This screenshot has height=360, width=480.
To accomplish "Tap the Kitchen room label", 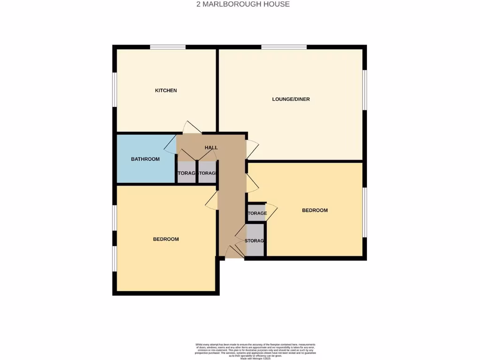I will click(166, 90).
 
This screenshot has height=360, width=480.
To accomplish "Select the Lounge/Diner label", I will click(291, 99).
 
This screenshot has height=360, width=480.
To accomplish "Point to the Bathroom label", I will click(145, 159).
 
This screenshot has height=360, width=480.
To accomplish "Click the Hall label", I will click(211, 148).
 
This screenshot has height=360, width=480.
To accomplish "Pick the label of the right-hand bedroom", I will click(315, 210).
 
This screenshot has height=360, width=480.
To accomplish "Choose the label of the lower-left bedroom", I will click(166, 240).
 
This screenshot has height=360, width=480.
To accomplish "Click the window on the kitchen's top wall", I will click(167, 47).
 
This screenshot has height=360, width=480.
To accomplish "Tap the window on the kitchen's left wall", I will click(114, 90).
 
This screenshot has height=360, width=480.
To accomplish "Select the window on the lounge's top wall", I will click(284, 47).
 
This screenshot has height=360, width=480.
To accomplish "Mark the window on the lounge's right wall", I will click(365, 90).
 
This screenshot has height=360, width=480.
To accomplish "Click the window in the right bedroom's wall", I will click(365, 212).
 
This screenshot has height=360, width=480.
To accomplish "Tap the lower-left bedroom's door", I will click(212, 200).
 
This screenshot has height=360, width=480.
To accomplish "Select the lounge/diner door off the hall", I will click(252, 149).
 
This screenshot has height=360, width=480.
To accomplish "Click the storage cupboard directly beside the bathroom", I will click(187, 172).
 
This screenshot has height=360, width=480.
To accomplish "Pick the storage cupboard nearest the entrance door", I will click(255, 240).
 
